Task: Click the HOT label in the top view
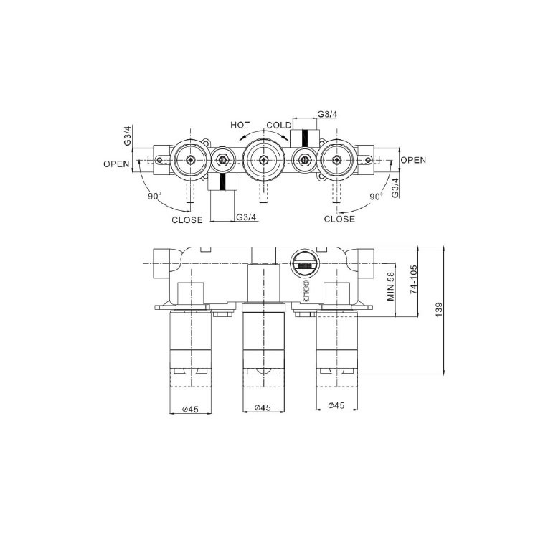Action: point(240,125)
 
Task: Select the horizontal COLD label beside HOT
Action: point(279,125)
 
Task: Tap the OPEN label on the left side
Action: point(116,164)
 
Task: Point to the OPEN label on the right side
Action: point(413,160)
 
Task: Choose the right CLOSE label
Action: point(339,219)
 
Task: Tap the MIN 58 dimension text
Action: point(391,286)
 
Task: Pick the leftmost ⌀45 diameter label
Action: point(190,407)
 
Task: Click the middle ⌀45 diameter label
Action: point(263,407)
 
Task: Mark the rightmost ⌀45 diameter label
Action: point(336,405)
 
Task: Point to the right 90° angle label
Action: point(376,194)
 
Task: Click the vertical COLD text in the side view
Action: point(303,293)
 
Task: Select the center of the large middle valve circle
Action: point(264,159)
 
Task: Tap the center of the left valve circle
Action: point(191,159)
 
